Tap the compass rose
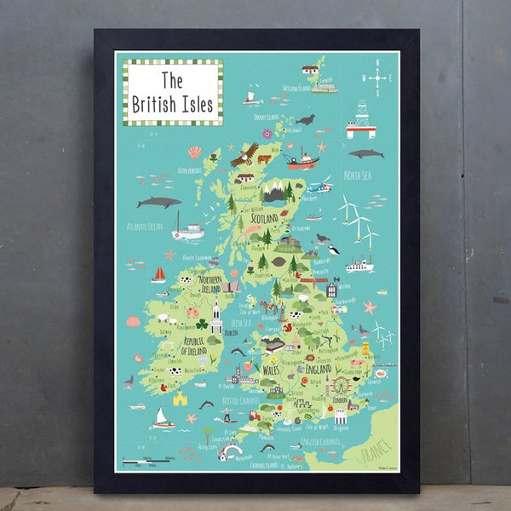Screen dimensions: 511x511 (376, 78)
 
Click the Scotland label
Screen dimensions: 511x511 (268, 218)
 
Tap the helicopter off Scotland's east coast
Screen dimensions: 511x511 (319, 185)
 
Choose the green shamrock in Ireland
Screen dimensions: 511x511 (202, 324)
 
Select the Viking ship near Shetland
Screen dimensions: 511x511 (252, 97)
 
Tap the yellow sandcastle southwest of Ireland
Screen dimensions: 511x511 (181, 398)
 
